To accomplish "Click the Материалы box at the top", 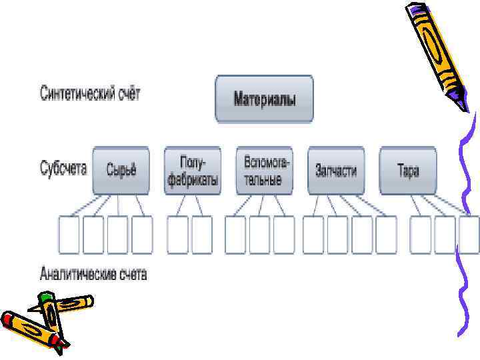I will (x=264, y=99).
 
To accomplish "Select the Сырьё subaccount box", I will (x=121, y=170).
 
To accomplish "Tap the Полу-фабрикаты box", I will (x=192, y=170).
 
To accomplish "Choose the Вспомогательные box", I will (x=264, y=170).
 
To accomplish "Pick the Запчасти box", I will (x=336, y=170).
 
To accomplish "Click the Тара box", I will (x=408, y=170).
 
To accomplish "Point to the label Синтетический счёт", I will (x=91, y=94).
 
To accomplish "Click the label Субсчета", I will (x=64, y=168).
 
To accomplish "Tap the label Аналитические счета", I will (x=93, y=273).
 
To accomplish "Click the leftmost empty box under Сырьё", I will (x=69, y=235).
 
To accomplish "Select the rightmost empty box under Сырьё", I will (x=143, y=235).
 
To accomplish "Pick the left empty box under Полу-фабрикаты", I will (x=177, y=235).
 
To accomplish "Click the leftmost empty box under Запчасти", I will (x=313, y=235).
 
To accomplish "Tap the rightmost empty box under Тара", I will (x=469, y=235).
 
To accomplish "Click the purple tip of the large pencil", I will (x=462, y=104).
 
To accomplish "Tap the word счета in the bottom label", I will (x=131, y=273).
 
